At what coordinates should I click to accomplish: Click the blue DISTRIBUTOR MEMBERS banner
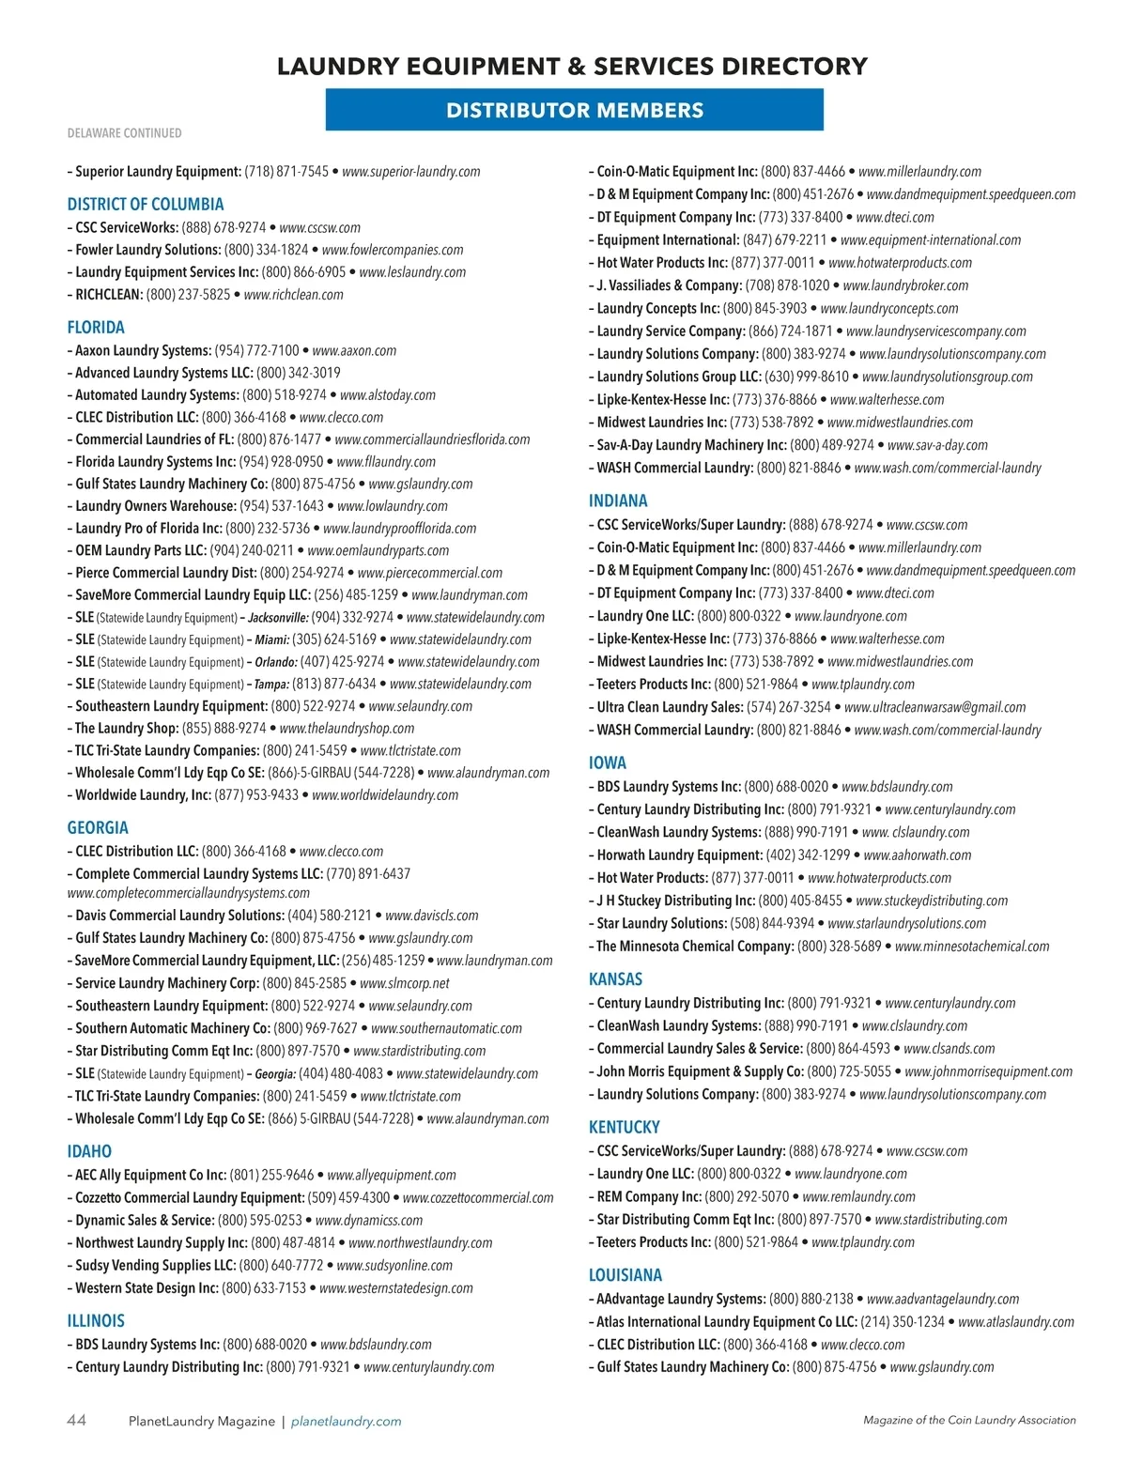[574, 110]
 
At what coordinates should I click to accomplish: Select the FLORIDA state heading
[96, 328]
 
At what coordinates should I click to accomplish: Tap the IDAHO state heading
[89, 1151]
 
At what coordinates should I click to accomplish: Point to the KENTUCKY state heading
[625, 1127]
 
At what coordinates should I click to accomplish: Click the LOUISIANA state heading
[625, 1275]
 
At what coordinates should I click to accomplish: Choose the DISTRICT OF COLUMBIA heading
[146, 205]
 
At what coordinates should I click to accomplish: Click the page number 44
[76, 1421]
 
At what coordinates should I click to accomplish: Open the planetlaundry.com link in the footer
[347, 1422]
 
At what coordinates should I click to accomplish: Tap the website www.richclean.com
[293, 295]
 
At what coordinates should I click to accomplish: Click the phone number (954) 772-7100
[256, 350]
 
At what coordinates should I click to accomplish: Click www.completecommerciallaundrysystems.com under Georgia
[189, 893]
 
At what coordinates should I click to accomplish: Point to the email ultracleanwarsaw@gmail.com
[934, 707]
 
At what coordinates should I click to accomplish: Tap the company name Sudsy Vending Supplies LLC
[155, 1266]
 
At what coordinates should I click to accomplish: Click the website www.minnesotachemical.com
[972, 947]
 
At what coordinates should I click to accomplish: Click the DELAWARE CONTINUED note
[125, 133]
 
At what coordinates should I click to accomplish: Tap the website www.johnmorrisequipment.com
[988, 1071]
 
